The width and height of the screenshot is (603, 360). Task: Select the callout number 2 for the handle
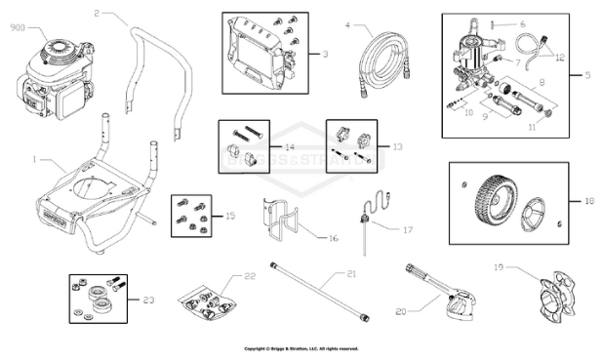click(98, 14)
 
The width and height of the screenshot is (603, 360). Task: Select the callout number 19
click(498, 266)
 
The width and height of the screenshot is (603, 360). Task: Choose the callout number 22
click(250, 277)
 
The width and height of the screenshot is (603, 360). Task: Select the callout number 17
click(408, 230)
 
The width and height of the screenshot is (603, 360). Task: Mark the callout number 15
click(230, 215)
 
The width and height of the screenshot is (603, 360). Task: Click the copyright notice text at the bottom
click(301, 348)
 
